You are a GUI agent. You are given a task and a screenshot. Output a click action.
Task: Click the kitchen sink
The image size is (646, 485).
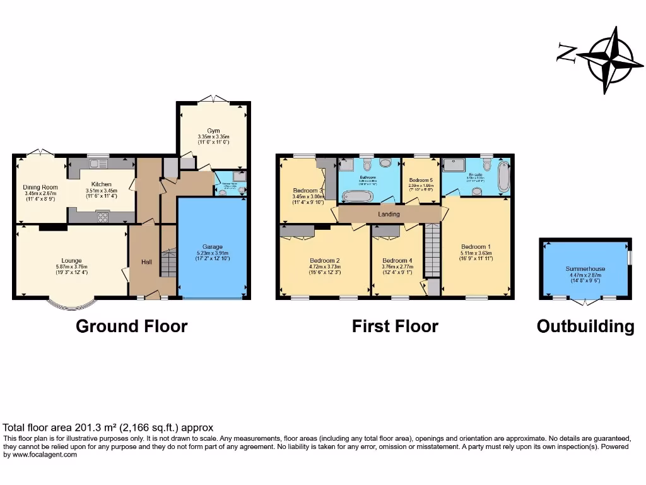click(97, 164)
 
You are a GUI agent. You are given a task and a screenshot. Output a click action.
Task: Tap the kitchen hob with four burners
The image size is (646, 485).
click(103, 217)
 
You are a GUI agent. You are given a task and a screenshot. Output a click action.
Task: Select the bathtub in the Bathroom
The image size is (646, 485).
click(357, 196)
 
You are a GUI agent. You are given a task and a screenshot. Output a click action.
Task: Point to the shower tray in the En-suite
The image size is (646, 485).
click(453, 165)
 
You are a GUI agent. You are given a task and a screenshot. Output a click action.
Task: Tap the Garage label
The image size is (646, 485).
click(212, 247)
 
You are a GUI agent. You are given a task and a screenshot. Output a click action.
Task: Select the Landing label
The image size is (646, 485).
click(389, 214)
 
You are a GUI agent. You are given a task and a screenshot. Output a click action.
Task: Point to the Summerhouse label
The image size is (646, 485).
click(584, 269)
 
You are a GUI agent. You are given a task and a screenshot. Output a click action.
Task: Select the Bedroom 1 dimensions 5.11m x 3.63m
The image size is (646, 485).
click(476, 254)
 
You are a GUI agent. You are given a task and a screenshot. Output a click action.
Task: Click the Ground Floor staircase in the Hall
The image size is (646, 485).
click(168, 263)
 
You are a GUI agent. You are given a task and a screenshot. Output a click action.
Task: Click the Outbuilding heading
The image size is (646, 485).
click(585, 326)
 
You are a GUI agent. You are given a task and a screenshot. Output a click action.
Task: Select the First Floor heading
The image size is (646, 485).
click(395, 326)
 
